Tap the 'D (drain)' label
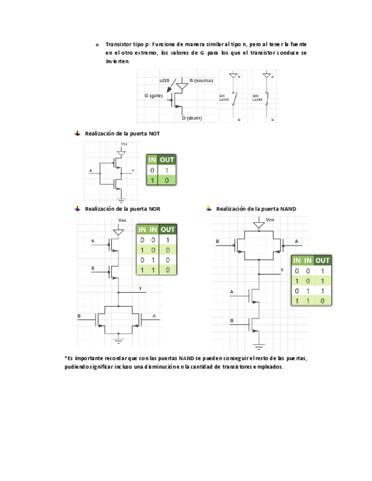(192, 118)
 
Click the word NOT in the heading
(154, 134)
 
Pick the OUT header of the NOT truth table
(166, 160)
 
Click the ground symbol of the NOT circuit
(122, 199)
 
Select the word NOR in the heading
(154, 209)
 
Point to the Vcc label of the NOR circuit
(122, 220)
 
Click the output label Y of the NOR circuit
(140, 289)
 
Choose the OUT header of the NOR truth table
(168, 229)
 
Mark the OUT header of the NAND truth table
(323, 260)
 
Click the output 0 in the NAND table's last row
(323, 301)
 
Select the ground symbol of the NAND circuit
(259, 345)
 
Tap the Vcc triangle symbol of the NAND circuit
(259, 225)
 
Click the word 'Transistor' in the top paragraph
(119, 44)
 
